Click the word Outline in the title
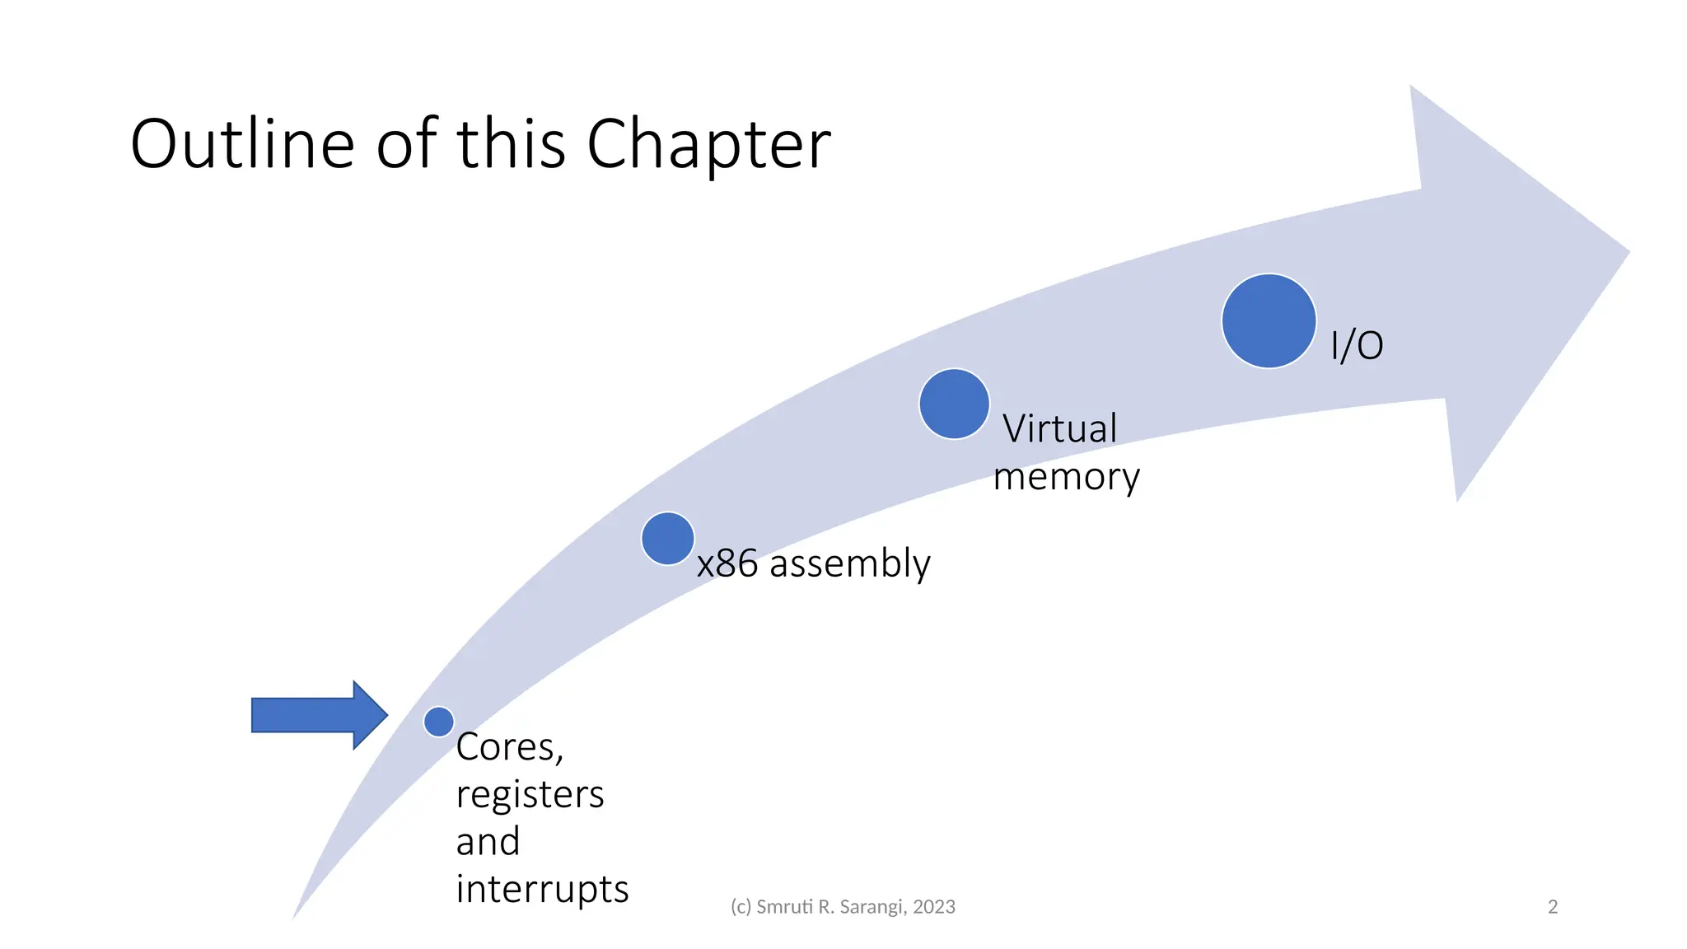point(242,144)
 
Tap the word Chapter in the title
point(708,146)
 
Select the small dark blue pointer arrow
point(318,715)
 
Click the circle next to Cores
point(439,722)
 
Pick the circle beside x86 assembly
point(667,539)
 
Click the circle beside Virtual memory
point(954,404)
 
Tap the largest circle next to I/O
point(1269,321)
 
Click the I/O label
point(1357,345)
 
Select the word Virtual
point(1059,429)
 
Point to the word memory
point(1066,477)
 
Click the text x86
point(727,564)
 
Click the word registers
point(530,795)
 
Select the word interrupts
point(542,890)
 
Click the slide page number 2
point(1553,907)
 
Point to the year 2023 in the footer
point(934,907)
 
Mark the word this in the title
point(511,144)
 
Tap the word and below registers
point(488,842)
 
